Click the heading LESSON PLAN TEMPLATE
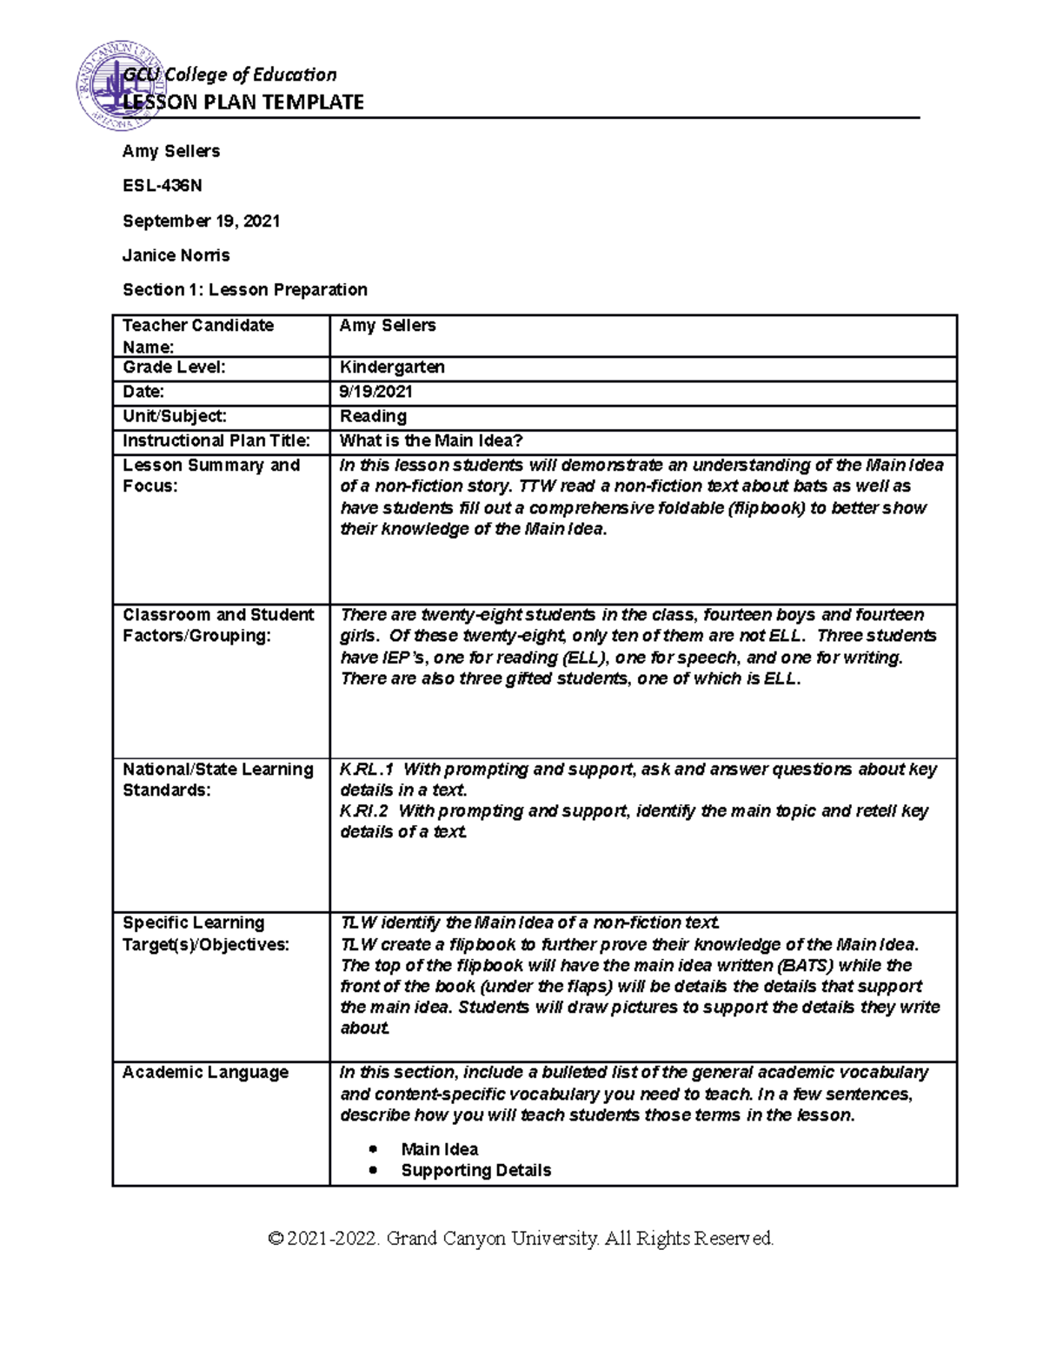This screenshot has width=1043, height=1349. (x=243, y=102)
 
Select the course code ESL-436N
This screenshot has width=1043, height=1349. (x=163, y=186)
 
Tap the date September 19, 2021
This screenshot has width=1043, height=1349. (x=201, y=221)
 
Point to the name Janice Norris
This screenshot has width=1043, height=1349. (x=176, y=255)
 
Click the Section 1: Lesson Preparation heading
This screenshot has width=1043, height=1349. (x=244, y=289)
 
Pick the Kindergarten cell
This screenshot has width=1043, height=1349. (x=392, y=367)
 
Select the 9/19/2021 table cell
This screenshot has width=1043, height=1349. (x=375, y=392)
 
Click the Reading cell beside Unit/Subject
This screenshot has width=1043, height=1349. (x=373, y=416)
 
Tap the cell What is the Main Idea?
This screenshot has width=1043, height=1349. (x=431, y=440)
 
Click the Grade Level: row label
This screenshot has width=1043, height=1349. (x=174, y=367)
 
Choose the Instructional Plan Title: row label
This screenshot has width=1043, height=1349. (x=216, y=440)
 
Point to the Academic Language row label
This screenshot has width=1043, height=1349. (x=205, y=1073)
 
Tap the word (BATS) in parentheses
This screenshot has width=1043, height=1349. (x=807, y=966)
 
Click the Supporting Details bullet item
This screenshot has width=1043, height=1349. (x=475, y=1171)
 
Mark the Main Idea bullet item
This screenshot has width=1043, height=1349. (x=439, y=1150)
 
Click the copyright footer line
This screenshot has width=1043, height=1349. (x=521, y=1239)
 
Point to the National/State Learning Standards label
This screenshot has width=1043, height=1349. (x=217, y=779)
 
